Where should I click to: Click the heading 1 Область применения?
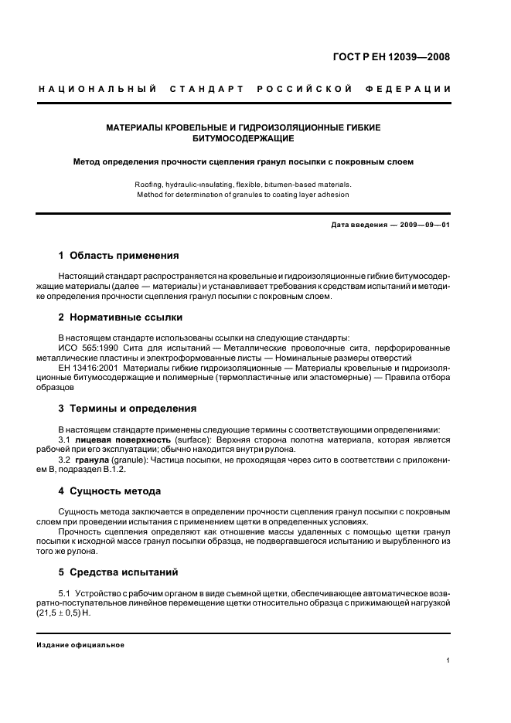[119, 255]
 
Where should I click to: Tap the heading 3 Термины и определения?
[128, 408]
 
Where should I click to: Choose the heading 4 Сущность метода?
[110, 490]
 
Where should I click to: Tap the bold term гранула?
[94, 460]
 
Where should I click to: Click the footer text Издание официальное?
[80, 645]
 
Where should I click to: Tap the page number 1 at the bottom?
[448, 660]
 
